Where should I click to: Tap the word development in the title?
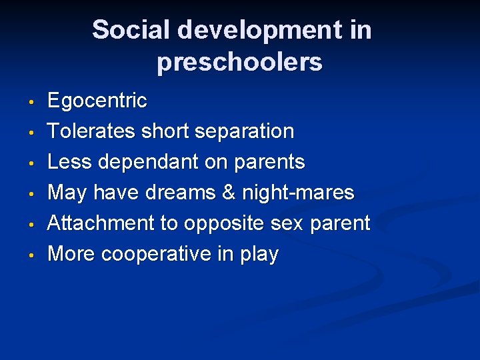click(x=247, y=30)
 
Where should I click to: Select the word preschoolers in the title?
click(x=239, y=62)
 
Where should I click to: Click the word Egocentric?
click(x=97, y=101)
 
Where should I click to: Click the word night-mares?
click(x=298, y=193)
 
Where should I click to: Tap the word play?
click(x=259, y=255)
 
